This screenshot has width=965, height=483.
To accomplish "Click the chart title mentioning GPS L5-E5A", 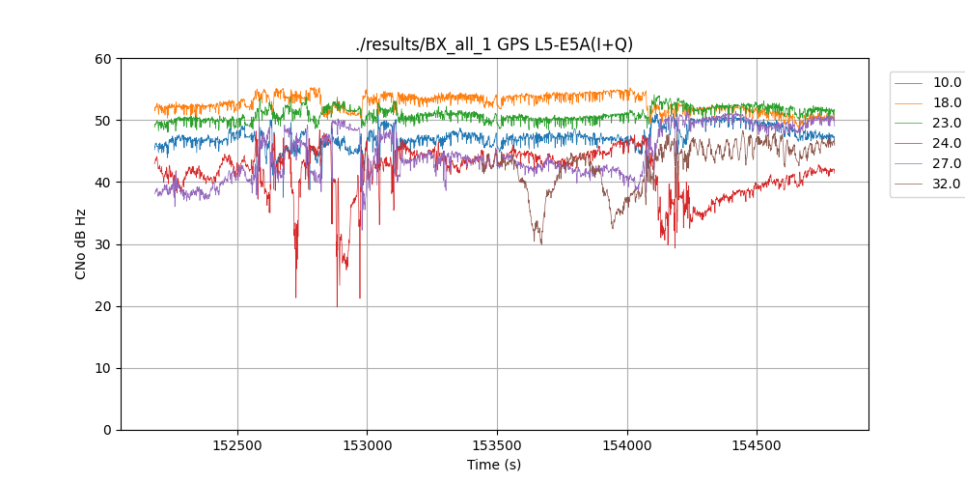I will click(494, 44).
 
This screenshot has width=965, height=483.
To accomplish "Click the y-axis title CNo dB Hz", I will click(81, 244).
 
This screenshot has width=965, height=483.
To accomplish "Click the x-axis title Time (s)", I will click(494, 465).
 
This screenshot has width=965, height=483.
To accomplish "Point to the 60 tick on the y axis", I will click(103, 59).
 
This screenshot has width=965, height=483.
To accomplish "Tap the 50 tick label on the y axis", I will click(103, 121).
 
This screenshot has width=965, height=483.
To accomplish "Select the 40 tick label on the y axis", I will click(103, 183).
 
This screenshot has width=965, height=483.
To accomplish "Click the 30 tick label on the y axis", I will click(103, 244).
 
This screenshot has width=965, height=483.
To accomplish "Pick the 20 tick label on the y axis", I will click(103, 306).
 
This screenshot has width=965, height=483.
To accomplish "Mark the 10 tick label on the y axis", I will click(103, 368).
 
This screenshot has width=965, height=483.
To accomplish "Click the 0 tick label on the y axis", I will click(107, 430).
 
